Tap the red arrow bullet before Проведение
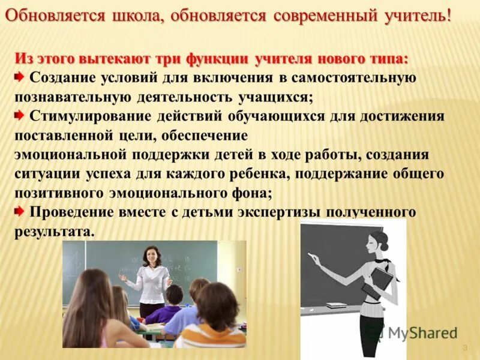[20, 211]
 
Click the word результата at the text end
[53, 232]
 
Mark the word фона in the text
[250, 193]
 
